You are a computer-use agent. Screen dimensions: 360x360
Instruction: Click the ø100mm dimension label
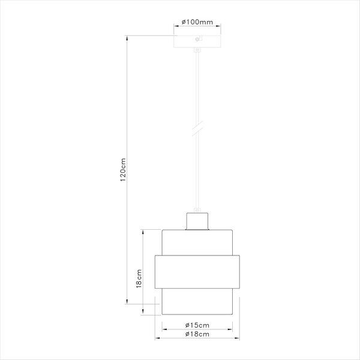point(197,22)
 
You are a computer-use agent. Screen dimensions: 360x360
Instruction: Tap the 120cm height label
point(123,170)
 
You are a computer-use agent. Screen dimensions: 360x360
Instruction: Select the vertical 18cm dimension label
point(139,278)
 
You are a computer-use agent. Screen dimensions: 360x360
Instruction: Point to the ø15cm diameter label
point(197,325)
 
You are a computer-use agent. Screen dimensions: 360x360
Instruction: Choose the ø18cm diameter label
point(197,334)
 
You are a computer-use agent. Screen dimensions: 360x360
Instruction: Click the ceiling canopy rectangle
point(197,41)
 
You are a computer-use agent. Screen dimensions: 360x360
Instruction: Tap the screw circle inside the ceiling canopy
point(197,39)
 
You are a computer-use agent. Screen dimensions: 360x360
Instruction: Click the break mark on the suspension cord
point(197,128)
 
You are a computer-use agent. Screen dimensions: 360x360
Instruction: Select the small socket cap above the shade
point(197,221)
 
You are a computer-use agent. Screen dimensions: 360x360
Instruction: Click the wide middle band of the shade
point(197,272)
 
